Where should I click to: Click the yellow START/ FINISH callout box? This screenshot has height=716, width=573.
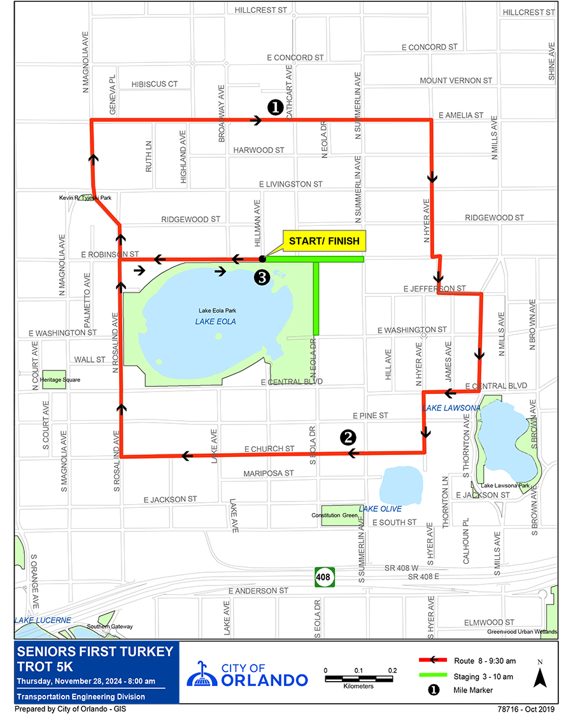coord(324,241)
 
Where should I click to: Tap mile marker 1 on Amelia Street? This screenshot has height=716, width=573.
coord(275,107)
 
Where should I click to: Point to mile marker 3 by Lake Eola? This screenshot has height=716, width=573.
coord(261,277)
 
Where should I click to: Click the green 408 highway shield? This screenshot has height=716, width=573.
coord(323,578)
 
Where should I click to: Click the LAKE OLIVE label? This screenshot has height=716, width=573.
coord(380,509)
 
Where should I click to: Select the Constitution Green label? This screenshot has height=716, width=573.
coord(334,515)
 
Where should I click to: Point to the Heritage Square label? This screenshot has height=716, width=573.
coord(60,380)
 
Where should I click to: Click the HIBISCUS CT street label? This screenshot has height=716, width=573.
coord(155,84)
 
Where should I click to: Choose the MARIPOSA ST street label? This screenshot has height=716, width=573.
coord(269,474)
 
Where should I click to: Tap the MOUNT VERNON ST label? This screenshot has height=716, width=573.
coord(456,81)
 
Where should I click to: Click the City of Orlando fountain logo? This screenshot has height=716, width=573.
coord(202,673)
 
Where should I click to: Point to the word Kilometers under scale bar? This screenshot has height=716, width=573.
coord(358,686)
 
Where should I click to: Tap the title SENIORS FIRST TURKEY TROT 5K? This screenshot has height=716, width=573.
coord(95,659)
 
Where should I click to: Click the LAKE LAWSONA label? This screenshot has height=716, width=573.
coord(451,407)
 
